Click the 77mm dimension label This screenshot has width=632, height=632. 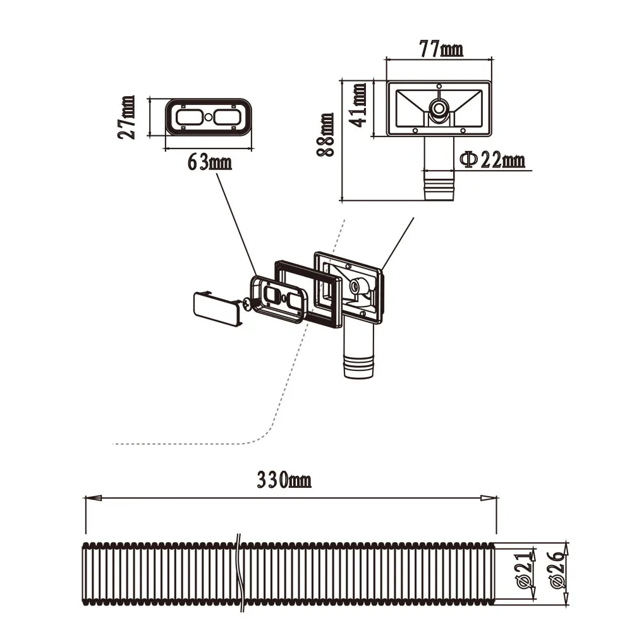point(441,49)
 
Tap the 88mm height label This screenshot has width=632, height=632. point(326,135)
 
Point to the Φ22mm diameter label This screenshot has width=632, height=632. point(492,161)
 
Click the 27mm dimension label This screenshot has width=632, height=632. point(128,117)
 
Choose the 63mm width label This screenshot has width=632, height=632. point(209,162)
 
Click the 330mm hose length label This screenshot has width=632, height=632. point(284,480)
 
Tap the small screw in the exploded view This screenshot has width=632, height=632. point(247,304)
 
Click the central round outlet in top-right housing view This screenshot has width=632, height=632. point(438,108)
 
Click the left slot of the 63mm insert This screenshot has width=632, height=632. point(188,117)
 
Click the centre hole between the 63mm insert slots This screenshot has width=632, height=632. point(207,117)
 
